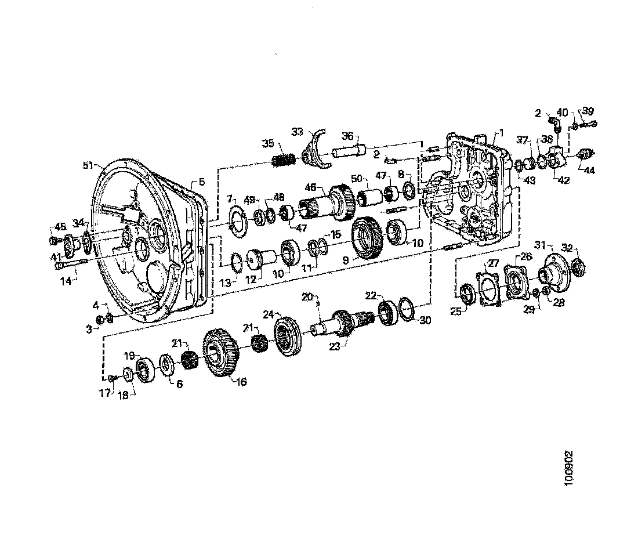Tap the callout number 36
tap(347, 136)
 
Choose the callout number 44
tap(589, 171)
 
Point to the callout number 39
tap(588, 111)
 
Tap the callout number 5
tap(201, 182)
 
